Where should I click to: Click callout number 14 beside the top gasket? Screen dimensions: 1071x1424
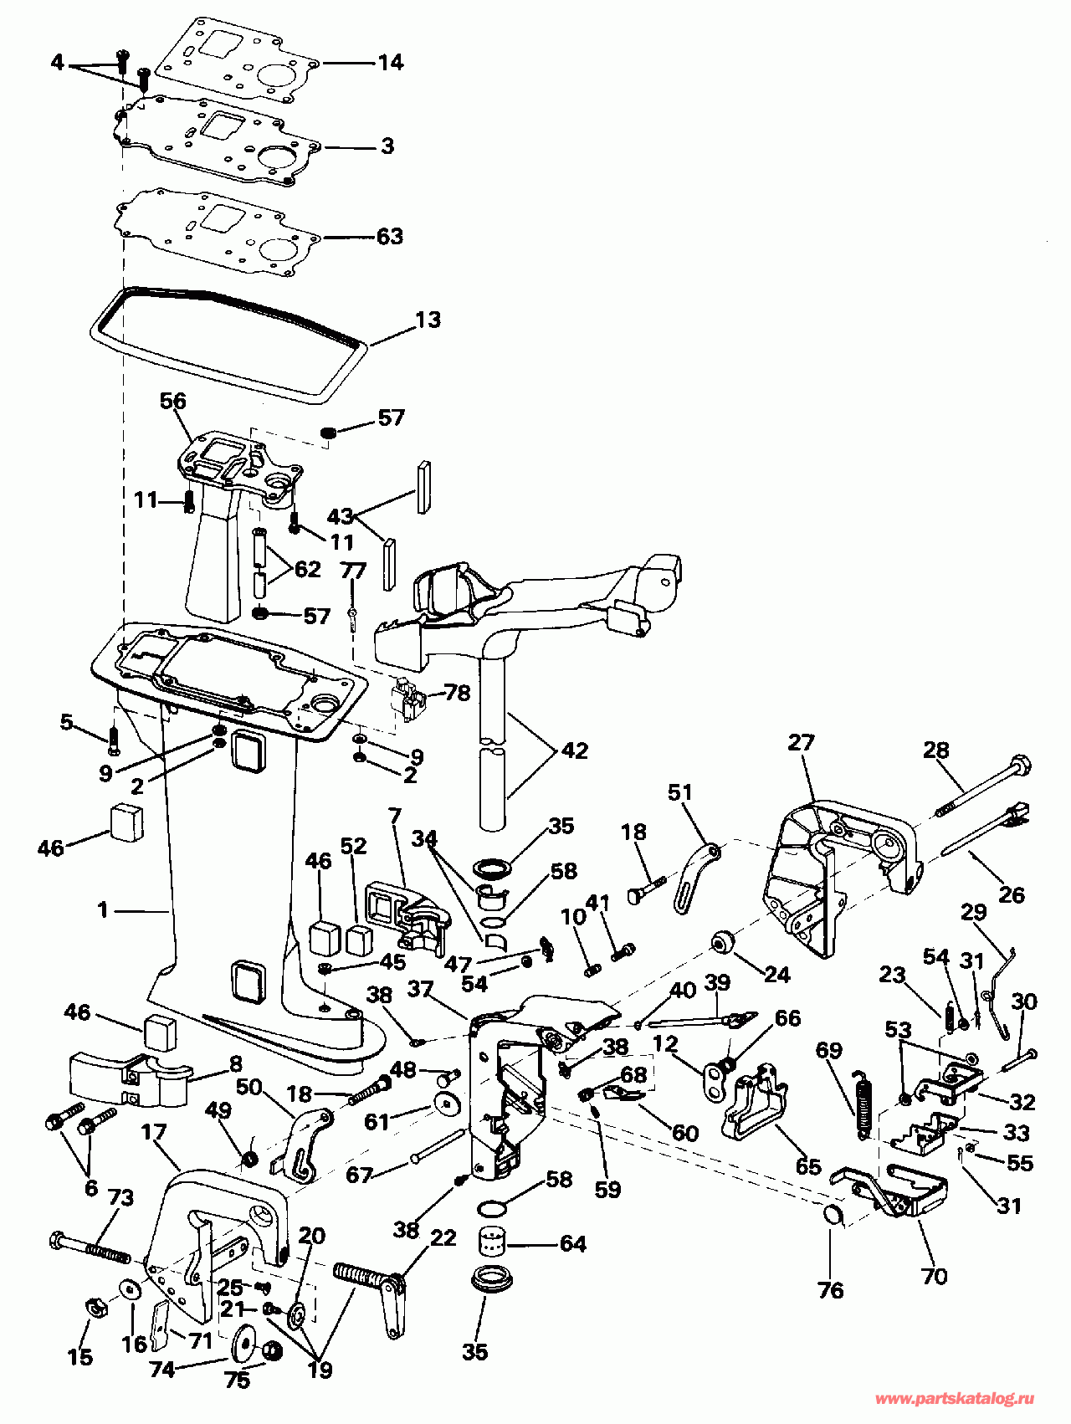[390, 63]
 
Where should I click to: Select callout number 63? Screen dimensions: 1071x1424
[390, 237]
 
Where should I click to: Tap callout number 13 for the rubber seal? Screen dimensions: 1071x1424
[428, 320]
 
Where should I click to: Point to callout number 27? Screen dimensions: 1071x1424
[801, 742]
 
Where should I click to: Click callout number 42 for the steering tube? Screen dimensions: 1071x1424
[575, 750]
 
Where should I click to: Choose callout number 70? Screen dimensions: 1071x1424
[934, 1276]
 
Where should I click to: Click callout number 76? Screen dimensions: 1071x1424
[831, 1291]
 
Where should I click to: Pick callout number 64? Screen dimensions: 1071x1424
[572, 1244]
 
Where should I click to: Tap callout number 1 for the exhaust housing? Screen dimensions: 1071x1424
[103, 909]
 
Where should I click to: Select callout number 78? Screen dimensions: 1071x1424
[457, 693]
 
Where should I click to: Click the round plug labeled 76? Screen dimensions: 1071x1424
[833, 1216]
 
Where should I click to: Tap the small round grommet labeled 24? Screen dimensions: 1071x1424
[722, 942]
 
